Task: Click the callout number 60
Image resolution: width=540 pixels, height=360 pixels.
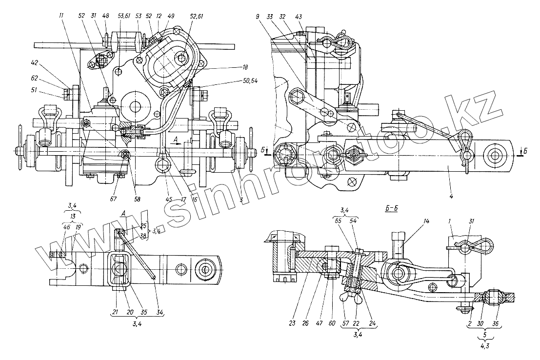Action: point(332,322)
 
